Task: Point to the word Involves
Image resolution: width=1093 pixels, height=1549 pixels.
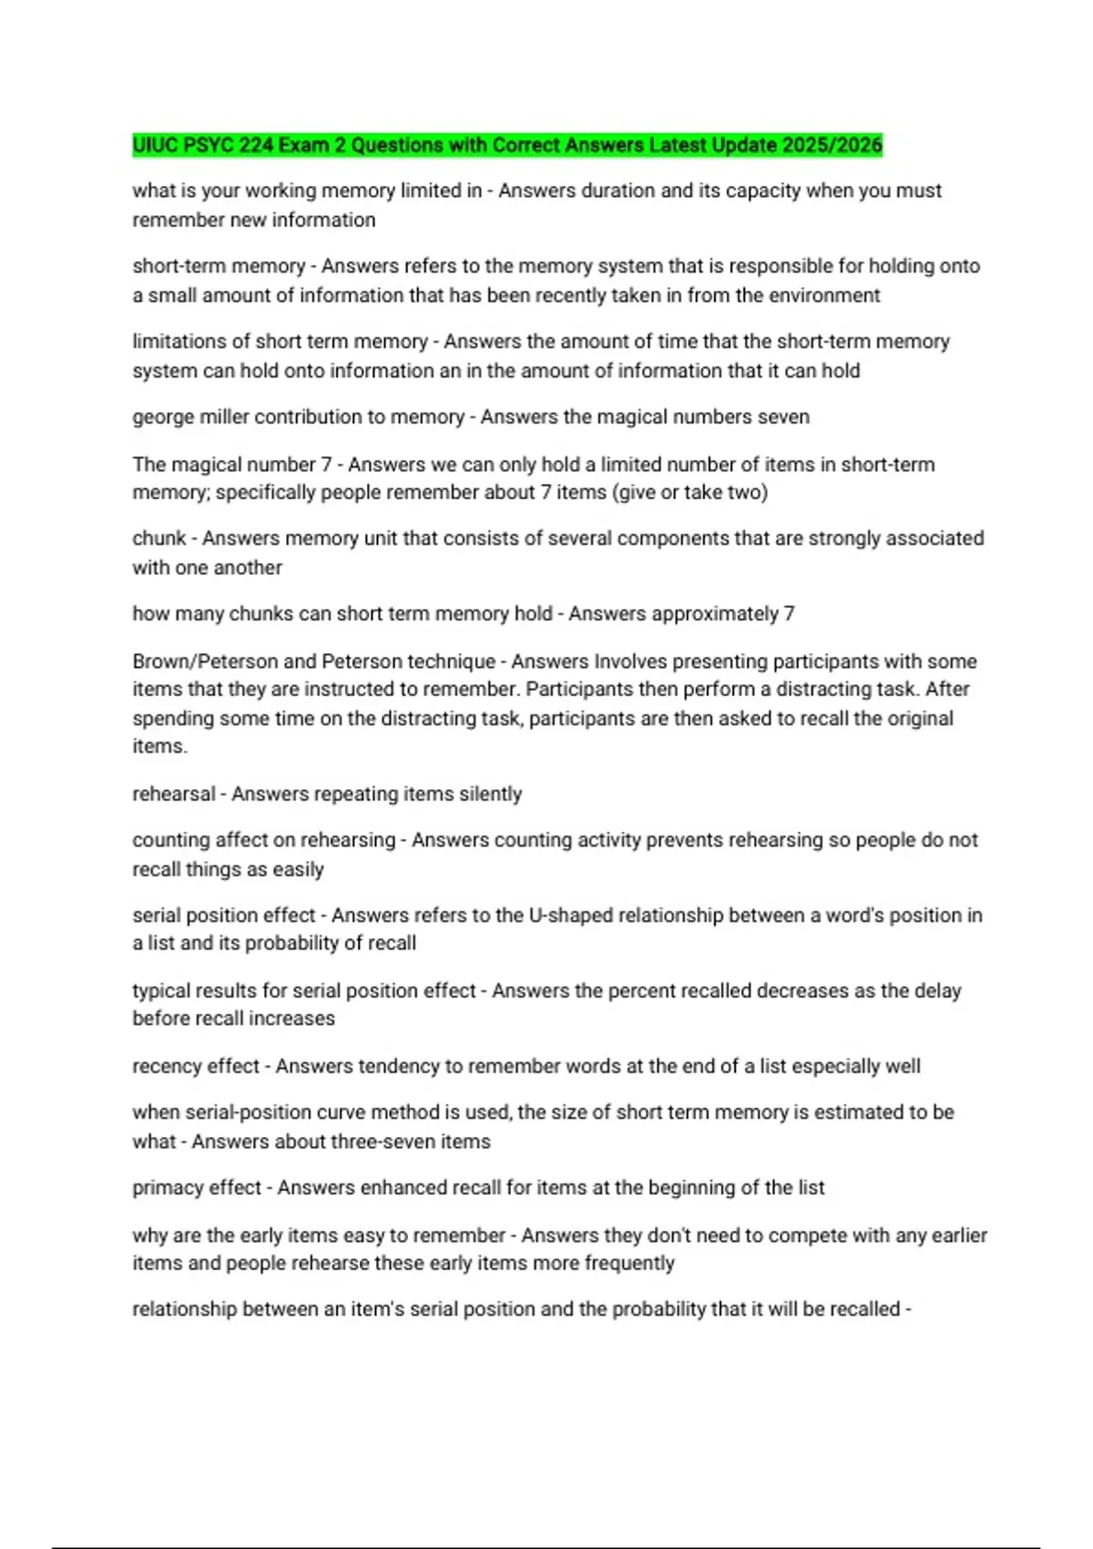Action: click(628, 662)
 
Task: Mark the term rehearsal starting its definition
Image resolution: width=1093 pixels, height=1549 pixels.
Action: click(174, 795)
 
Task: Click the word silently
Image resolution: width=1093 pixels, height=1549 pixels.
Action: click(490, 795)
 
